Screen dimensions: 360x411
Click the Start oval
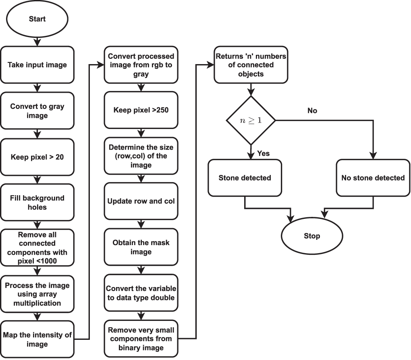[x=37, y=19]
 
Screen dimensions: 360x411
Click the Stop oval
[x=311, y=236]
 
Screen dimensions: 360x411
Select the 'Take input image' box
[x=37, y=65]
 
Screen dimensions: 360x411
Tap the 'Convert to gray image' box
[x=37, y=111]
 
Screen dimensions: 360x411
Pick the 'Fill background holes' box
[x=37, y=202]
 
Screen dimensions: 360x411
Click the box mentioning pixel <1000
[x=37, y=248]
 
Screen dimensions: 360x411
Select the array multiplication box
[x=37, y=294]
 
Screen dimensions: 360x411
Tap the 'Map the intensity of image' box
[x=37, y=339]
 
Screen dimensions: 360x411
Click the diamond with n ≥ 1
[x=251, y=120]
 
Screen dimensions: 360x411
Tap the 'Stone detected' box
[x=245, y=178]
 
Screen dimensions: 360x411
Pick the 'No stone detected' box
[x=373, y=178]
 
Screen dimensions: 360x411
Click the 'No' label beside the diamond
[x=312, y=110]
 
